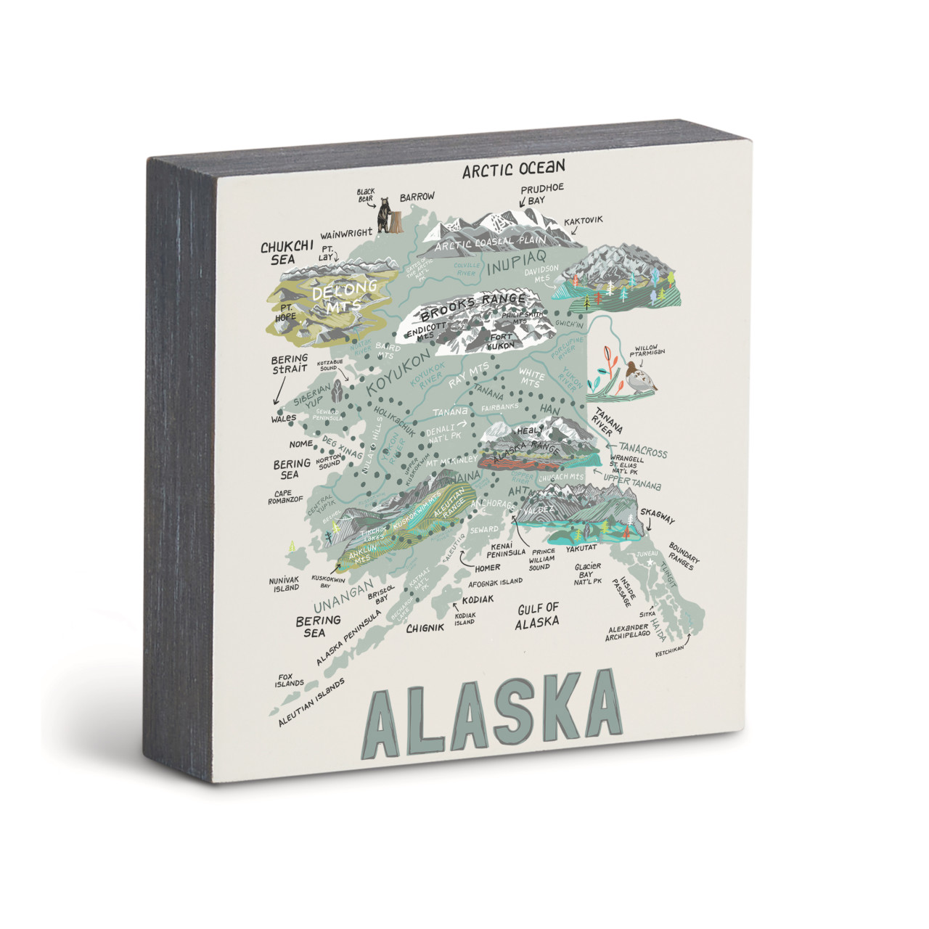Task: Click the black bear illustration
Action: (382, 213)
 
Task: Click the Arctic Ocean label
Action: (514, 169)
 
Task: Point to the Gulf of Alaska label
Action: (537, 615)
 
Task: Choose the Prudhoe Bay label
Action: (542, 194)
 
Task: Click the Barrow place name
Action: (417, 197)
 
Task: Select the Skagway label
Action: (657, 520)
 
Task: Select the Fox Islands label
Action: (290, 680)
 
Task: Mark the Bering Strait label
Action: (290, 364)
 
